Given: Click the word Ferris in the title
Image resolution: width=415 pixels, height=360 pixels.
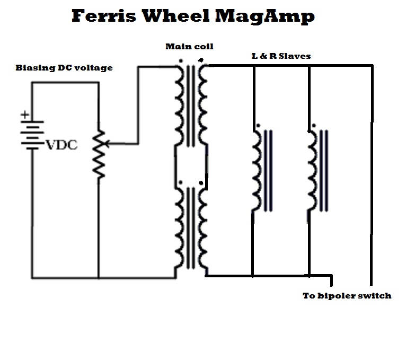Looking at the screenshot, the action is pos(104,15).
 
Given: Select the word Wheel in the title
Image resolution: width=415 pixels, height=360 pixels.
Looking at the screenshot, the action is pos(176,15).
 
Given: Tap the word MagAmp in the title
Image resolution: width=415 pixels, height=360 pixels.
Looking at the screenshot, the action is pos(265,17).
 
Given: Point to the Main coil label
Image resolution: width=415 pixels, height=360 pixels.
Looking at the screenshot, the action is pos(189,47).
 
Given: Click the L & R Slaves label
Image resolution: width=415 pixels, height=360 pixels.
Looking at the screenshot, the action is pos(281,56).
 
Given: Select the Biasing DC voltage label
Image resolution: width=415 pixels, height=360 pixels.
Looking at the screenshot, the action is pos(64,68).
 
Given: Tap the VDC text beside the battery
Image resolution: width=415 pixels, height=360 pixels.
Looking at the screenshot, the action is pos(61,145).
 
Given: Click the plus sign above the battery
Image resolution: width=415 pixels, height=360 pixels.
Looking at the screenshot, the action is pos(25,115).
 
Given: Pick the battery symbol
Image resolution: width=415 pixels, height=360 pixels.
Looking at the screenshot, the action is pos(32,136).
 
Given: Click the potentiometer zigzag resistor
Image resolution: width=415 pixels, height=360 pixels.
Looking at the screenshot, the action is pos(99,154).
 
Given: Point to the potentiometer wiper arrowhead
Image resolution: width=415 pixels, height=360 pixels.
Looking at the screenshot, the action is pos(106,144).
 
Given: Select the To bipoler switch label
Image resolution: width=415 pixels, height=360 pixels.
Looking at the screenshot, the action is pos(347,296).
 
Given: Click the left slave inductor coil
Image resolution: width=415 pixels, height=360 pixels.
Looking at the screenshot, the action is pos(256,171).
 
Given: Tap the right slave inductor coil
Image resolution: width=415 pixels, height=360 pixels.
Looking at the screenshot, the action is pos(312,171).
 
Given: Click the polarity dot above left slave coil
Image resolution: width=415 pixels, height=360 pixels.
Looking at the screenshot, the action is pos(258,126).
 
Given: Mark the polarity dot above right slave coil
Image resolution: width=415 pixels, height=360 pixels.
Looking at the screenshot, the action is pos(314,126).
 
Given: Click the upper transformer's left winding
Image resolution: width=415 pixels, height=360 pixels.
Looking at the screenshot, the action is pos(179,106).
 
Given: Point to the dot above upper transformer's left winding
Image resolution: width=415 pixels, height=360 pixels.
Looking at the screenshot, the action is pos(181,61).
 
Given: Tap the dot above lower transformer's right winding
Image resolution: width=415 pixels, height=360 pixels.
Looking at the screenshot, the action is pos(201,183).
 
